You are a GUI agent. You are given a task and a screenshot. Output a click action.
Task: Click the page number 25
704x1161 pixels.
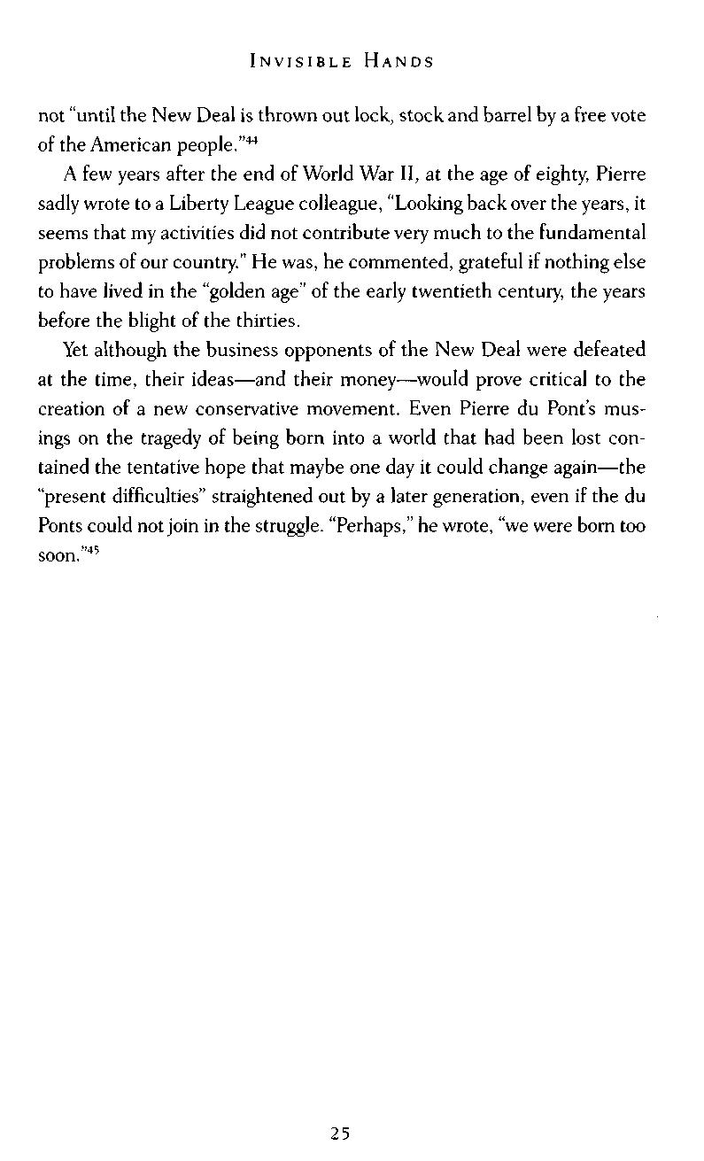pos(341,1133)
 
